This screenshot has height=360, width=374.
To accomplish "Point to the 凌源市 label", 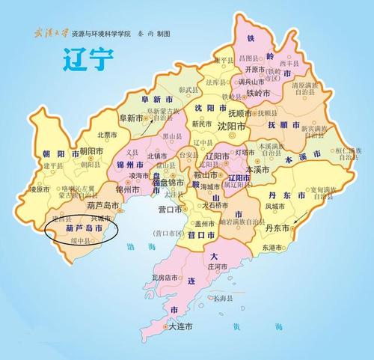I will point(38,189).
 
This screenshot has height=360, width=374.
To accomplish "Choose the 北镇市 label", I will point(157,155).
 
